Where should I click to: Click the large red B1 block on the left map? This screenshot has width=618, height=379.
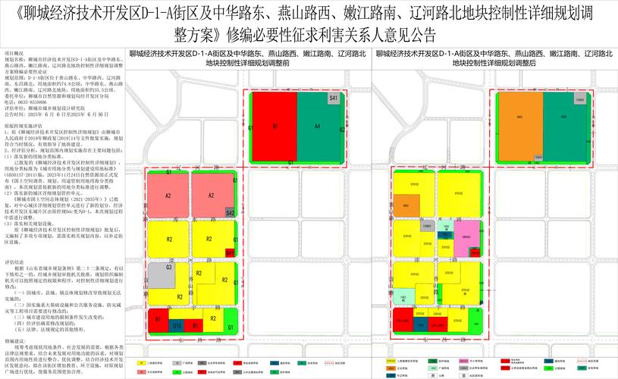[274, 125]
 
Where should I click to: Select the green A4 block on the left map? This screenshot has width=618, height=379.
[318, 125]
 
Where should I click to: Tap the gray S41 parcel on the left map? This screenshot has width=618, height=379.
[334, 99]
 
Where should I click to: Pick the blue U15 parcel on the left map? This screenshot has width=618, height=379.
[177, 326]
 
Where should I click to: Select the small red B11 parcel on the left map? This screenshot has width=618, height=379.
[230, 252]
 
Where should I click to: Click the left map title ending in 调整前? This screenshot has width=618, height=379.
[246, 59]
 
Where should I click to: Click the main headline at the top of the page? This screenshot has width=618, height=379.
[309, 24]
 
